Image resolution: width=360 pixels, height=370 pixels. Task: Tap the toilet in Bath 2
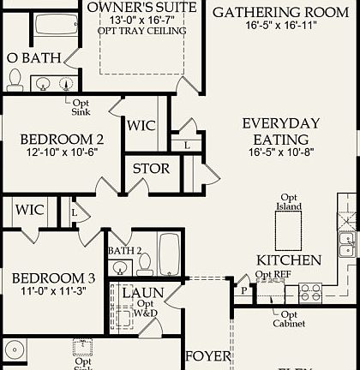coord(144,261)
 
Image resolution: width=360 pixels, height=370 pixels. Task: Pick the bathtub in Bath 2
coord(169,255)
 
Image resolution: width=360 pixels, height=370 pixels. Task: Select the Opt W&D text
coord(147,309)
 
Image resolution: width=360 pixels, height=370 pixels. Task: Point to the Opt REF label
coord(273,275)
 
